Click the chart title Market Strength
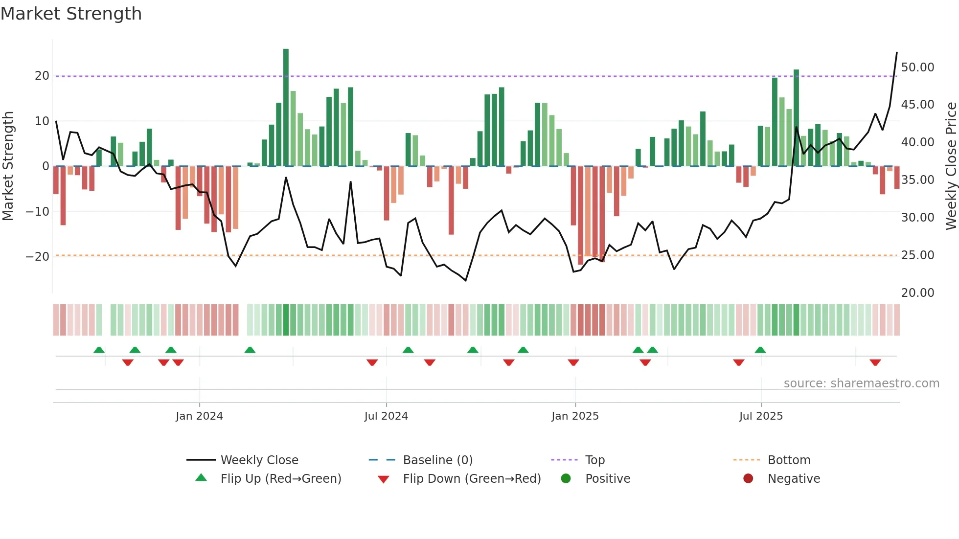[x=71, y=14]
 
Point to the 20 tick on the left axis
[x=42, y=76]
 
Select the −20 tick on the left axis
[x=38, y=256]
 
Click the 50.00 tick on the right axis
[x=917, y=67]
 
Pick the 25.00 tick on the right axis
[x=917, y=255]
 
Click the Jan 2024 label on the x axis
[x=199, y=416]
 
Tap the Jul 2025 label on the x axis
[x=761, y=416]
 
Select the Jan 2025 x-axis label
[x=575, y=416]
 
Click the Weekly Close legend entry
[x=259, y=460]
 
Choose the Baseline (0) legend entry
[x=437, y=460]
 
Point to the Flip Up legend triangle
[x=201, y=478]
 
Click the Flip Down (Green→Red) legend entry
[x=472, y=479]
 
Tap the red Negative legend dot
[x=748, y=478]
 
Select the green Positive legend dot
[x=566, y=478]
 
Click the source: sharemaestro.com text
[x=861, y=383]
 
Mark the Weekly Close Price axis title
[x=951, y=166]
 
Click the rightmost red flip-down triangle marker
[x=875, y=362]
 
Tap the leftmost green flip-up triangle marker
[x=99, y=350]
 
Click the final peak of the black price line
[x=897, y=52]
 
